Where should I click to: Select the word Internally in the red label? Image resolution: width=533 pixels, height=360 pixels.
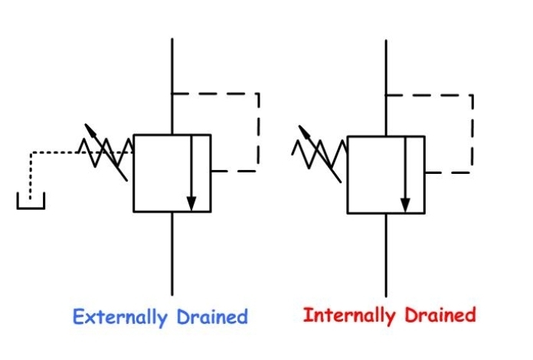(x=344, y=316)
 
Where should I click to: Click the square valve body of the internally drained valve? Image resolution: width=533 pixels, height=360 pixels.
(x=376, y=173)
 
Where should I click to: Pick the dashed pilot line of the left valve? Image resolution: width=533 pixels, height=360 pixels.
(x=258, y=130)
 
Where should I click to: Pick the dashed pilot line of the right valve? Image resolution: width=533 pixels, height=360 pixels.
(x=472, y=130)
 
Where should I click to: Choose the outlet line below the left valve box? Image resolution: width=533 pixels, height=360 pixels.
(x=172, y=253)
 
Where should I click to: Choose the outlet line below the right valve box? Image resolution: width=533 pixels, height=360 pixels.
(x=385, y=253)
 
